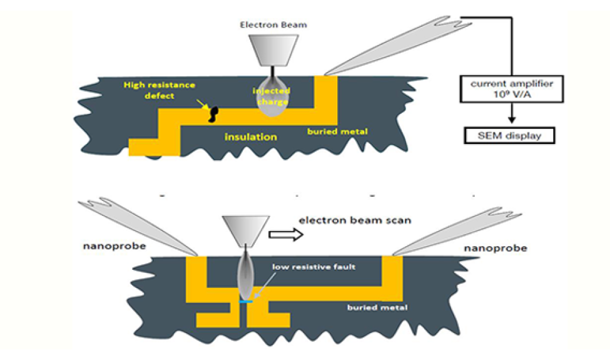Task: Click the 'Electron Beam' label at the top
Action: click(x=273, y=25)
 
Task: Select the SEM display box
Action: click(x=509, y=136)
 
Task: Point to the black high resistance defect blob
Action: click(x=213, y=115)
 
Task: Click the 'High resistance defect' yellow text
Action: click(x=160, y=90)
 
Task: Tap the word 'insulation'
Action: click(x=251, y=137)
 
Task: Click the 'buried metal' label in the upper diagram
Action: click(x=337, y=131)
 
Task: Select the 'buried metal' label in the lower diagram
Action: click(x=377, y=307)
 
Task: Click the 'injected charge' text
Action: click(x=272, y=96)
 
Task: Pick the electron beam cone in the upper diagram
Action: click(x=273, y=50)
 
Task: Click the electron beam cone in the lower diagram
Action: click(x=246, y=230)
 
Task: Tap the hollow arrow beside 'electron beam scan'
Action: click(x=286, y=235)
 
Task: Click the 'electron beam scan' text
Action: click(x=355, y=220)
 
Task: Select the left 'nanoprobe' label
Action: click(x=114, y=246)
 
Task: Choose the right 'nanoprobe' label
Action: click(x=496, y=249)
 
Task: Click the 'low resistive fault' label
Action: click(x=313, y=267)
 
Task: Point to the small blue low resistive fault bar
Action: click(x=246, y=302)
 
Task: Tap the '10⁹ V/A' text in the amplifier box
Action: click(x=512, y=95)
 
